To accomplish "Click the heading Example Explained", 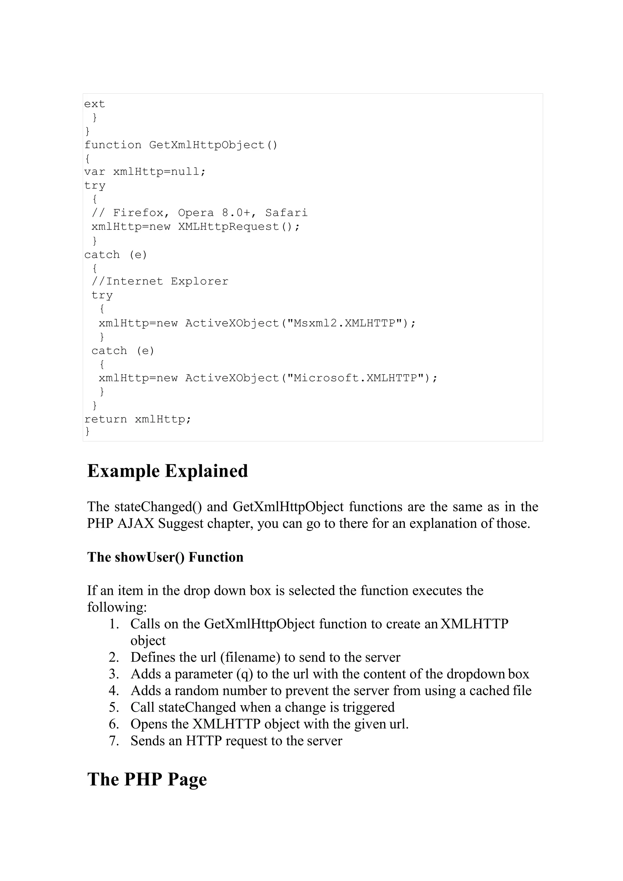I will (x=168, y=471).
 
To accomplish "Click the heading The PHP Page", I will (x=147, y=779).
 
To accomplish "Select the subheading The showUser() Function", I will (x=165, y=557).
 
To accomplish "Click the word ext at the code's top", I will (x=94, y=104).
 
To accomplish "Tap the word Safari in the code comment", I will (x=286, y=213).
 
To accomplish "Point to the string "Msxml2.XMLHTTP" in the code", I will (x=344, y=323).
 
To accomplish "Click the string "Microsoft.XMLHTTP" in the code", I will (x=354, y=378).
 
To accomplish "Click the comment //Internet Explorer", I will (x=160, y=281).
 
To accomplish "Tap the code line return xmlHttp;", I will (x=138, y=419).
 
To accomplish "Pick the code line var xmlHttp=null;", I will (x=145, y=172).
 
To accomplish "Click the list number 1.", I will (x=114, y=624).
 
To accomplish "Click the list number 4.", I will (x=114, y=691).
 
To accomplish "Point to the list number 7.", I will (x=114, y=740).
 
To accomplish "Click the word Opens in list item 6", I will (x=148, y=724).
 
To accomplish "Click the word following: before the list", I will (x=117, y=607).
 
